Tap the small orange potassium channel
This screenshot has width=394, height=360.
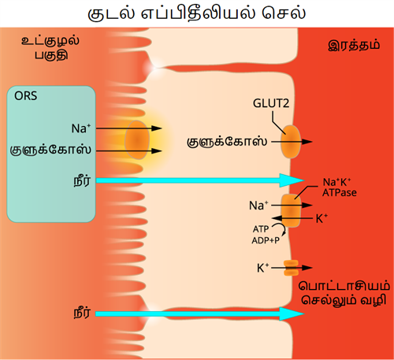pyautogui.click(x=292, y=268)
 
